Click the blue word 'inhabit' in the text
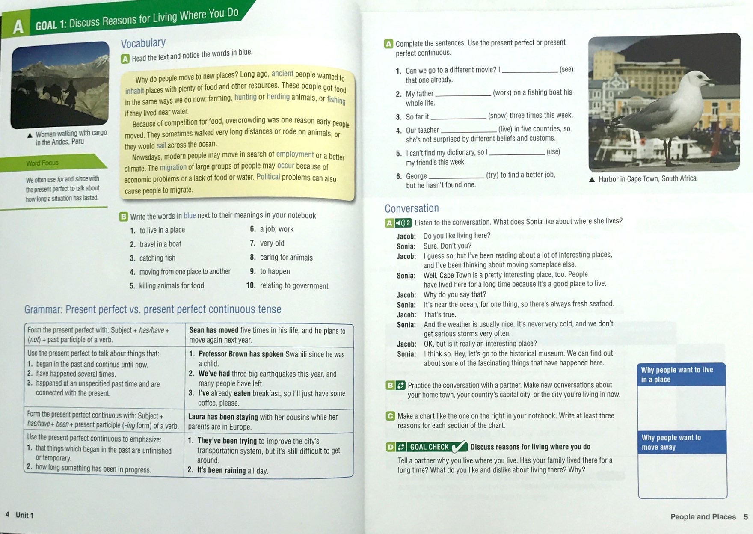134,91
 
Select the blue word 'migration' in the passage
173,167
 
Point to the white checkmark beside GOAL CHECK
459,447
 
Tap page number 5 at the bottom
746,517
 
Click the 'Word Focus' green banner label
42,163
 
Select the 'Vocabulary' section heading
143,43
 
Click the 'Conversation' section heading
412,208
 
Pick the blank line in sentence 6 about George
456,176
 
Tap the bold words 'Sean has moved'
214,330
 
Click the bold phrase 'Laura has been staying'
223,417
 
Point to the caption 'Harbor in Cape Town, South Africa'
647,179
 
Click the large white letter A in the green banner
18,27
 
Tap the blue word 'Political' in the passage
268,177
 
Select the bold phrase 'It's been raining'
221,470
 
